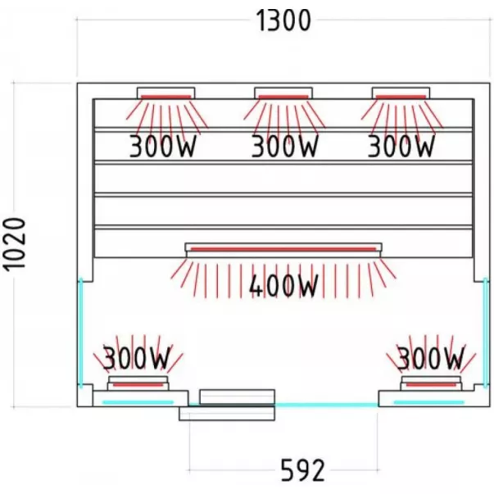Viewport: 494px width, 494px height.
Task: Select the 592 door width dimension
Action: click(302, 469)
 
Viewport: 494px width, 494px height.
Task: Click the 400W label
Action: click(283, 287)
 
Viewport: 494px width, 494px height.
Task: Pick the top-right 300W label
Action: click(400, 147)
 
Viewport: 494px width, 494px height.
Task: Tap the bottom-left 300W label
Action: click(136, 358)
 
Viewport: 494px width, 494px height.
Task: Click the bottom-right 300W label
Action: click(430, 358)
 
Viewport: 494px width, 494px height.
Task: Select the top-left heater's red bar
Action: click(165, 97)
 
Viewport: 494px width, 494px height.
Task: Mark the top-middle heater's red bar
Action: click(283, 97)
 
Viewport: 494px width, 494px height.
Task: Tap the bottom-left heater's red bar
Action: click(138, 383)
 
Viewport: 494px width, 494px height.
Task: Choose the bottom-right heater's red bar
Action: click(431, 383)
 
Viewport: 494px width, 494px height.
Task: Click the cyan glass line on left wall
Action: click(80, 331)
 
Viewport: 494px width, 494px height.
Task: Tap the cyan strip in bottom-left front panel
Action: click(138, 401)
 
